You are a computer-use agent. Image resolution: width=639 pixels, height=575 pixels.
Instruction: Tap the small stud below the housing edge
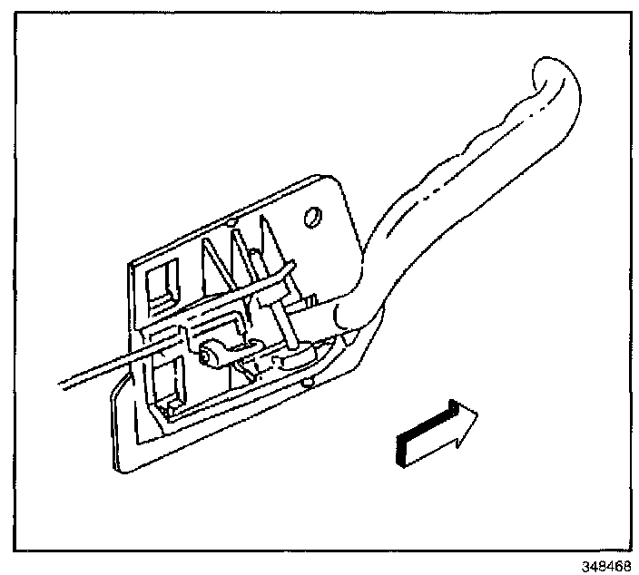(309, 385)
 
